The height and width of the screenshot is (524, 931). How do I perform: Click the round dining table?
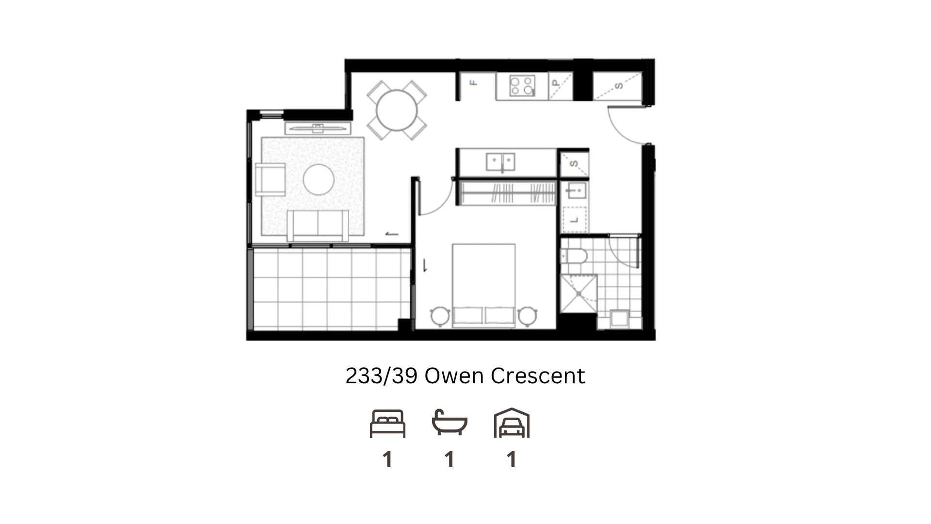(397, 110)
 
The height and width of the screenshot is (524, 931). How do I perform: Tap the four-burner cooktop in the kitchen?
(522, 86)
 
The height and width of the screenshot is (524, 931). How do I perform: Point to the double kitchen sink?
(500, 162)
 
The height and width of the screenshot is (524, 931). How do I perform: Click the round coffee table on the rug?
(319, 180)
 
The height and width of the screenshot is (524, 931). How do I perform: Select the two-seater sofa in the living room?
(318, 225)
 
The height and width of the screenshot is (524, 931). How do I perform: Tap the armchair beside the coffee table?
(270, 180)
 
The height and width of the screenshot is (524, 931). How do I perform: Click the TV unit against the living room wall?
(318, 128)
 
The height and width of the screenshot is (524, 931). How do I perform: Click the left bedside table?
(440, 316)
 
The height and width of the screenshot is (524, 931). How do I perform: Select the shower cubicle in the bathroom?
(578, 294)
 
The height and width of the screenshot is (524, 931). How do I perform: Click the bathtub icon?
(449, 423)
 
